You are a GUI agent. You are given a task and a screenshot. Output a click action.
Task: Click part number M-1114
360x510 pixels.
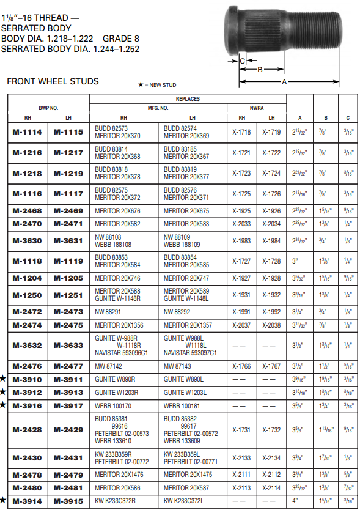[x=28, y=131]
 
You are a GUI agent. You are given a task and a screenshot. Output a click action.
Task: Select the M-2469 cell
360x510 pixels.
[x=68, y=211]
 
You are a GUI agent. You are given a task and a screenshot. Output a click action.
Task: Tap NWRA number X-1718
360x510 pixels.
[x=241, y=131]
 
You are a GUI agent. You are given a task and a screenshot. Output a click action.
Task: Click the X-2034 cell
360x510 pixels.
[x=271, y=224]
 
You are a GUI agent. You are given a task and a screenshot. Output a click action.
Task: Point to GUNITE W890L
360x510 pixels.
[x=182, y=380]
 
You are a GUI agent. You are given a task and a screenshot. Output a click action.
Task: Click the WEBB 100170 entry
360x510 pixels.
[x=114, y=405]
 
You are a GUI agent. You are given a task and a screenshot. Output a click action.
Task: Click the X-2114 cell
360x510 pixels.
[x=271, y=488]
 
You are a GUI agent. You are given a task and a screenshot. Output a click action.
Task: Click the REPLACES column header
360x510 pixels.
[x=188, y=99]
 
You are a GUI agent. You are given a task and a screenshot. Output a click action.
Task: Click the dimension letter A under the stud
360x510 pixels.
[x=284, y=81]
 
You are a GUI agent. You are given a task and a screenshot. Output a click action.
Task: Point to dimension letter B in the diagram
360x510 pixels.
[x=259, y=70]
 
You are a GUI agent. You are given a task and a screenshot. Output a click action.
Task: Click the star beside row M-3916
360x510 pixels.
[x=3, y=405]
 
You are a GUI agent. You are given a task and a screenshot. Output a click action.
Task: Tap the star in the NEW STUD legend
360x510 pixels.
[x=141, y=84]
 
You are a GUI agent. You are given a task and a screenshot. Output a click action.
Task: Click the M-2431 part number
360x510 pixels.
[x=68, y=458]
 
